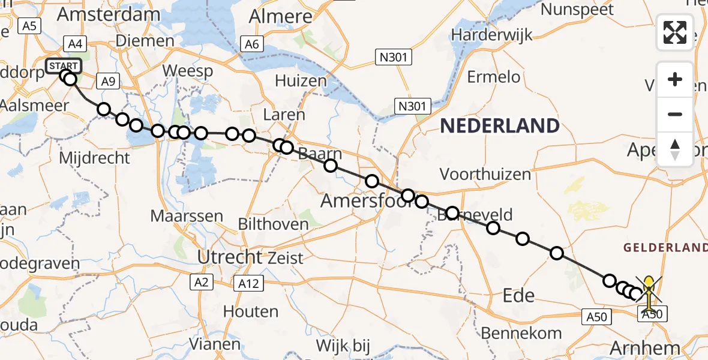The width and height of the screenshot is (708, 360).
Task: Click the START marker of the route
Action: pos(63,65)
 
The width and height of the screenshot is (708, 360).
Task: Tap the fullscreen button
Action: pos(675,32)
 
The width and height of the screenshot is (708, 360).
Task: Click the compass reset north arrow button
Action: pos(675,149)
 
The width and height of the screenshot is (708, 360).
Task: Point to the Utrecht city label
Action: pos(230,257)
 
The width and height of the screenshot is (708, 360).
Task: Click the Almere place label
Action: pos(281,16)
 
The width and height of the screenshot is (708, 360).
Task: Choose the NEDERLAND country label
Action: pos(500,126)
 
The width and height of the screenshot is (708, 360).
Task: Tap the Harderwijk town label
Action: pos(492,34)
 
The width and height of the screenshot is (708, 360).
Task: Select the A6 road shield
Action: pos(251,44)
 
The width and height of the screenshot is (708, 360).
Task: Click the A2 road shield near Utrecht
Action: pos(200,281)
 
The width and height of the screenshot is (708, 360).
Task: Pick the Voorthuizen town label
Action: pos(485,175)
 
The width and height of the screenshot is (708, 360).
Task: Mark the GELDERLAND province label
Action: pos(665,248)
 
